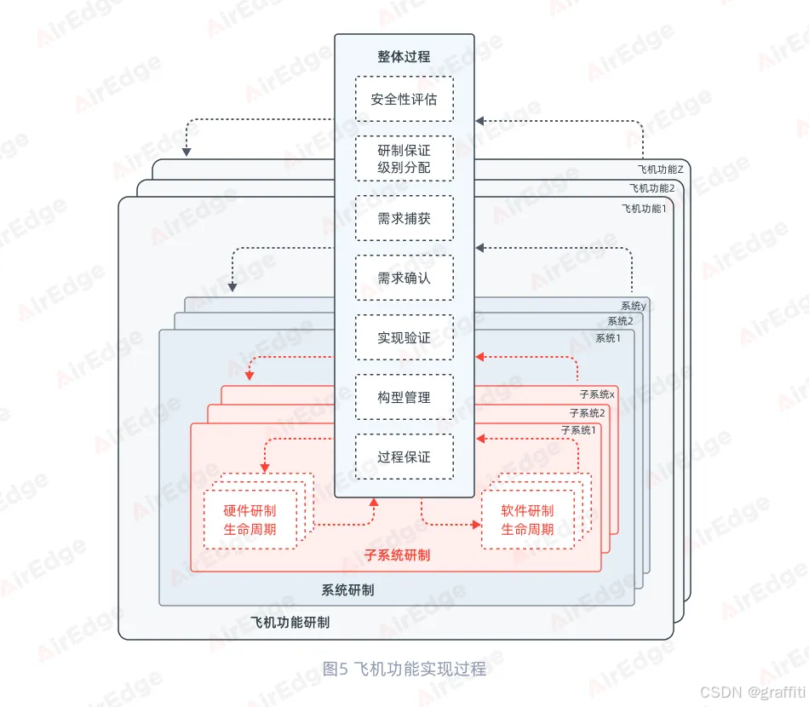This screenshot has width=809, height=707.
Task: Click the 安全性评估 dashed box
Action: click(404, 99)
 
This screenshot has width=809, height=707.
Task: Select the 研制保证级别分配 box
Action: click(404, 158)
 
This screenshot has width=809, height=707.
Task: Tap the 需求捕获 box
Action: click(404, 218)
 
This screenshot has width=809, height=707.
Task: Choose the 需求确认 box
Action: click(404, 278)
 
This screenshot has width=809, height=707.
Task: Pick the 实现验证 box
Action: click(404, 337)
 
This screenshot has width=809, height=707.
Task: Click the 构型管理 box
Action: click(404, 397)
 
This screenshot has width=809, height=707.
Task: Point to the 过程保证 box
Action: click(404, 457)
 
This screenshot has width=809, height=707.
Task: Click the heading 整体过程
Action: click(404, 57)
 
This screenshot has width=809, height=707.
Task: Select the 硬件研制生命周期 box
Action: click(250, 520)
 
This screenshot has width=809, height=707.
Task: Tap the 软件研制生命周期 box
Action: click(527, 520)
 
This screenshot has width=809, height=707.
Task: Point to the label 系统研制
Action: click(347, 589)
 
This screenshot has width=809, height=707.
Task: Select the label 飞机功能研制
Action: click(290, 623)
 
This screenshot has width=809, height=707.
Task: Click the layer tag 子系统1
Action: click(578, 431)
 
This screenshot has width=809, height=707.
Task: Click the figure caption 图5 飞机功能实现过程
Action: click(404, 669)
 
